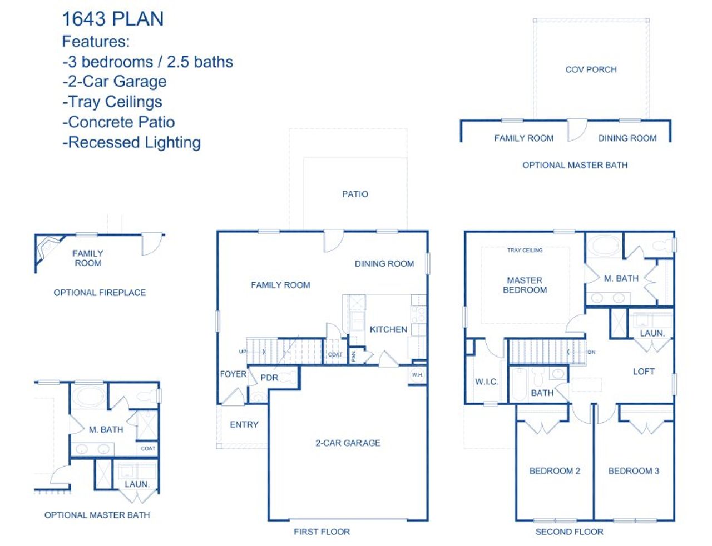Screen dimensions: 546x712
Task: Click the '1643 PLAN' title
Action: point(112,19)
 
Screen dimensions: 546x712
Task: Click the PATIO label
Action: point(355,194)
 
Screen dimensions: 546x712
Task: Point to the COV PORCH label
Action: point(591,69)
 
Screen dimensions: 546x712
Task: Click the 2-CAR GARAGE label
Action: point(348,443)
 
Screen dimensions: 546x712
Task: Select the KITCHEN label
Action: point(388,329)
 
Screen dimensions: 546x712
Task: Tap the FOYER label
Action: point(233,374)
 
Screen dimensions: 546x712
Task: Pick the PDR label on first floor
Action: point(269,378)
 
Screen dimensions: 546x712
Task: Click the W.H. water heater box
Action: point(417,375)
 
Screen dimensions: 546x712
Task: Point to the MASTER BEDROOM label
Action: point(525,285)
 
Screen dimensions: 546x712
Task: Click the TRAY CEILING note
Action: point(525,251)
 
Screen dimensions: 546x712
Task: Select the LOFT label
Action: point(644,372)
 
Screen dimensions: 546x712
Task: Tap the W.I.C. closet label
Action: point(486,382)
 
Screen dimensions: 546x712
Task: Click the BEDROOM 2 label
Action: point(555,471)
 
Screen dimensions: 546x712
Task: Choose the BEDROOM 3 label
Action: point(634,471)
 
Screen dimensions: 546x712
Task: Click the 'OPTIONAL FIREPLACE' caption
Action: point(100,293)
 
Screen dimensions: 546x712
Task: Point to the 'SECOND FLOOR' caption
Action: point(569,532)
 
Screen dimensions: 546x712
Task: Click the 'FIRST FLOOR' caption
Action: point(322,532)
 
